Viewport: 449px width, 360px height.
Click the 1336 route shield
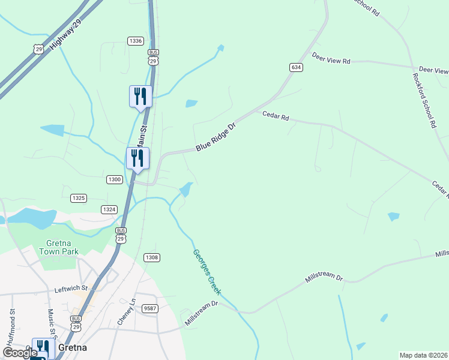135,41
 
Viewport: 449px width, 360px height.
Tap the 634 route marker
295,67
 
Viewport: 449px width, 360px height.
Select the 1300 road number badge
115,179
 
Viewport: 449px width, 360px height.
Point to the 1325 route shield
79,197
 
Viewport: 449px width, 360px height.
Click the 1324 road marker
109,209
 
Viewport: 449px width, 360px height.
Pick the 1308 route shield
151,257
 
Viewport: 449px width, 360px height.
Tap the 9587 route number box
150,308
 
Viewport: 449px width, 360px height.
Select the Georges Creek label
206,271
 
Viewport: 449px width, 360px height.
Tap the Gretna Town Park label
56,247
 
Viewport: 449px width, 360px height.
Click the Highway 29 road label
67,35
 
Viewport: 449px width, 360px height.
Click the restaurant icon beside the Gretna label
42,346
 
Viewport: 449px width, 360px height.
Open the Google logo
20,353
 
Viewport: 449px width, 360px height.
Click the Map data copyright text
424,355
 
